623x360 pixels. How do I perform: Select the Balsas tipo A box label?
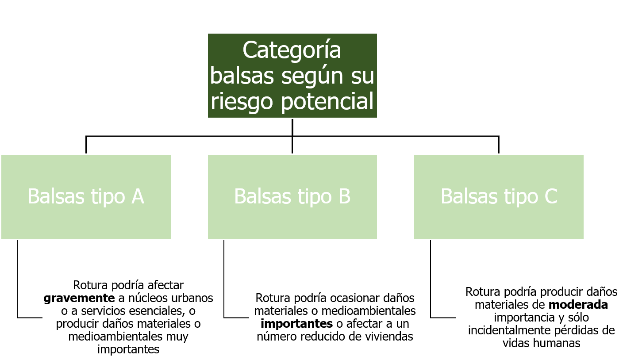(x=86, y=196)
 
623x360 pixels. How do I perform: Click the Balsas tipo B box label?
(x=292, y=196)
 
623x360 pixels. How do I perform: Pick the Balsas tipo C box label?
(x=499, y=196)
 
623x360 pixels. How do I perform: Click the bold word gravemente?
(x=79, y=298)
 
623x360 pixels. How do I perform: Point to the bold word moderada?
(x=578, y=305)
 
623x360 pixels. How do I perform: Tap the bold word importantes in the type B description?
(x=297, y=324)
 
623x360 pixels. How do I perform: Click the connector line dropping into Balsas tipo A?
(x=86, y=145)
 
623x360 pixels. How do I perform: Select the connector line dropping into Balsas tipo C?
(x=499, y=145)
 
